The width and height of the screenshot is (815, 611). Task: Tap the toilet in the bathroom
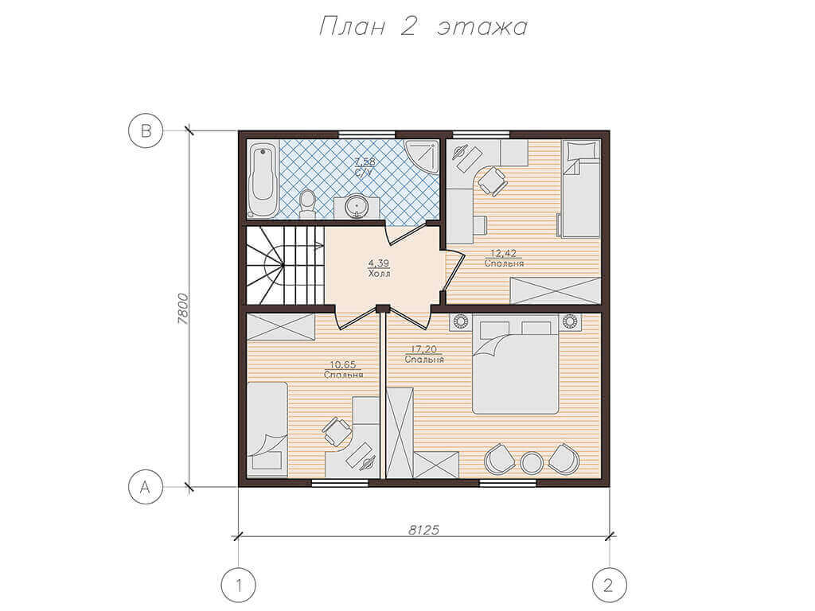click(308, 204)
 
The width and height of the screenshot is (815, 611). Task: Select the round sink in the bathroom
click(357, 206)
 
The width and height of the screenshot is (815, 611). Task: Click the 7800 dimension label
click(183, 309)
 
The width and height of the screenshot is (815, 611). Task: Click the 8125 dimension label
click(423, 530)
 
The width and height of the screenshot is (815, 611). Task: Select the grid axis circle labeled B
click(146, 130)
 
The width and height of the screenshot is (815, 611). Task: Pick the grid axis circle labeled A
click(146, 488)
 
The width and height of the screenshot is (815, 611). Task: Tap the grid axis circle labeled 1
click(239, 586)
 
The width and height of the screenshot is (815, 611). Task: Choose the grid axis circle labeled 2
click(609, 586)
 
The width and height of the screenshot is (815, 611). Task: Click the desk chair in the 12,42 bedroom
click(492, 181)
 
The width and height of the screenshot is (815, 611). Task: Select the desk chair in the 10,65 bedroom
click(337, 431)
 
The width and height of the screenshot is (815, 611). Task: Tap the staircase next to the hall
click(285, 265)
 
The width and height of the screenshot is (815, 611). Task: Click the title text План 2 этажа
click(423, 26)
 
